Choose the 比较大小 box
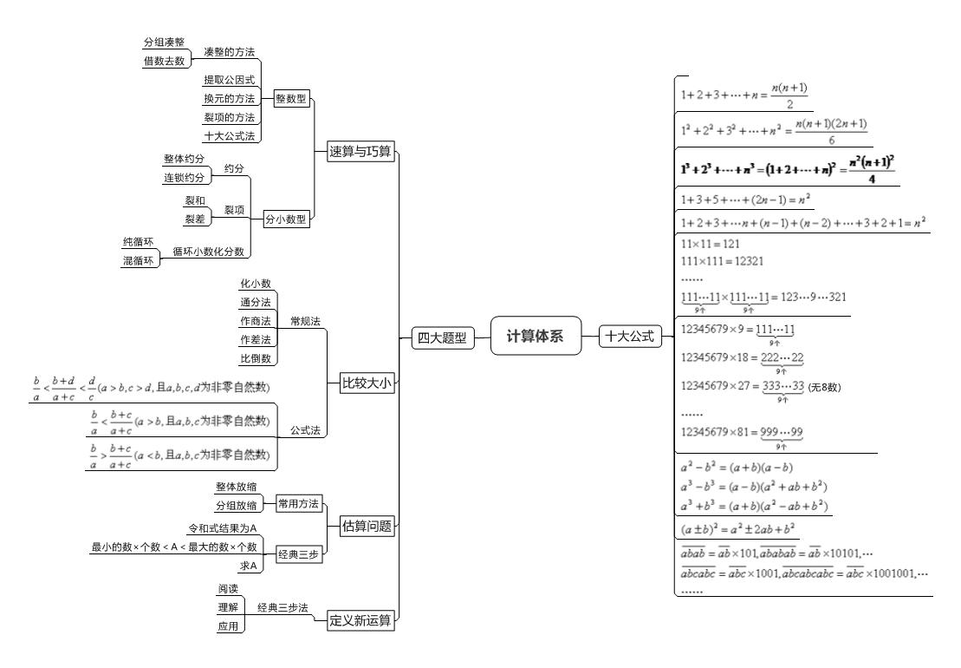click(360, 383)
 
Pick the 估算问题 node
click(360, 525)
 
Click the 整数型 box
click(290, 99)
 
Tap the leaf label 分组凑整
click(163, 43)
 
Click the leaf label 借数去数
click(163, 60)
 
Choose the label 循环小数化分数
click(208, 252)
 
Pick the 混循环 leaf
click(140, 259)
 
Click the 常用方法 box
click(298, 502)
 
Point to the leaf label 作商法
click(255, 320)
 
